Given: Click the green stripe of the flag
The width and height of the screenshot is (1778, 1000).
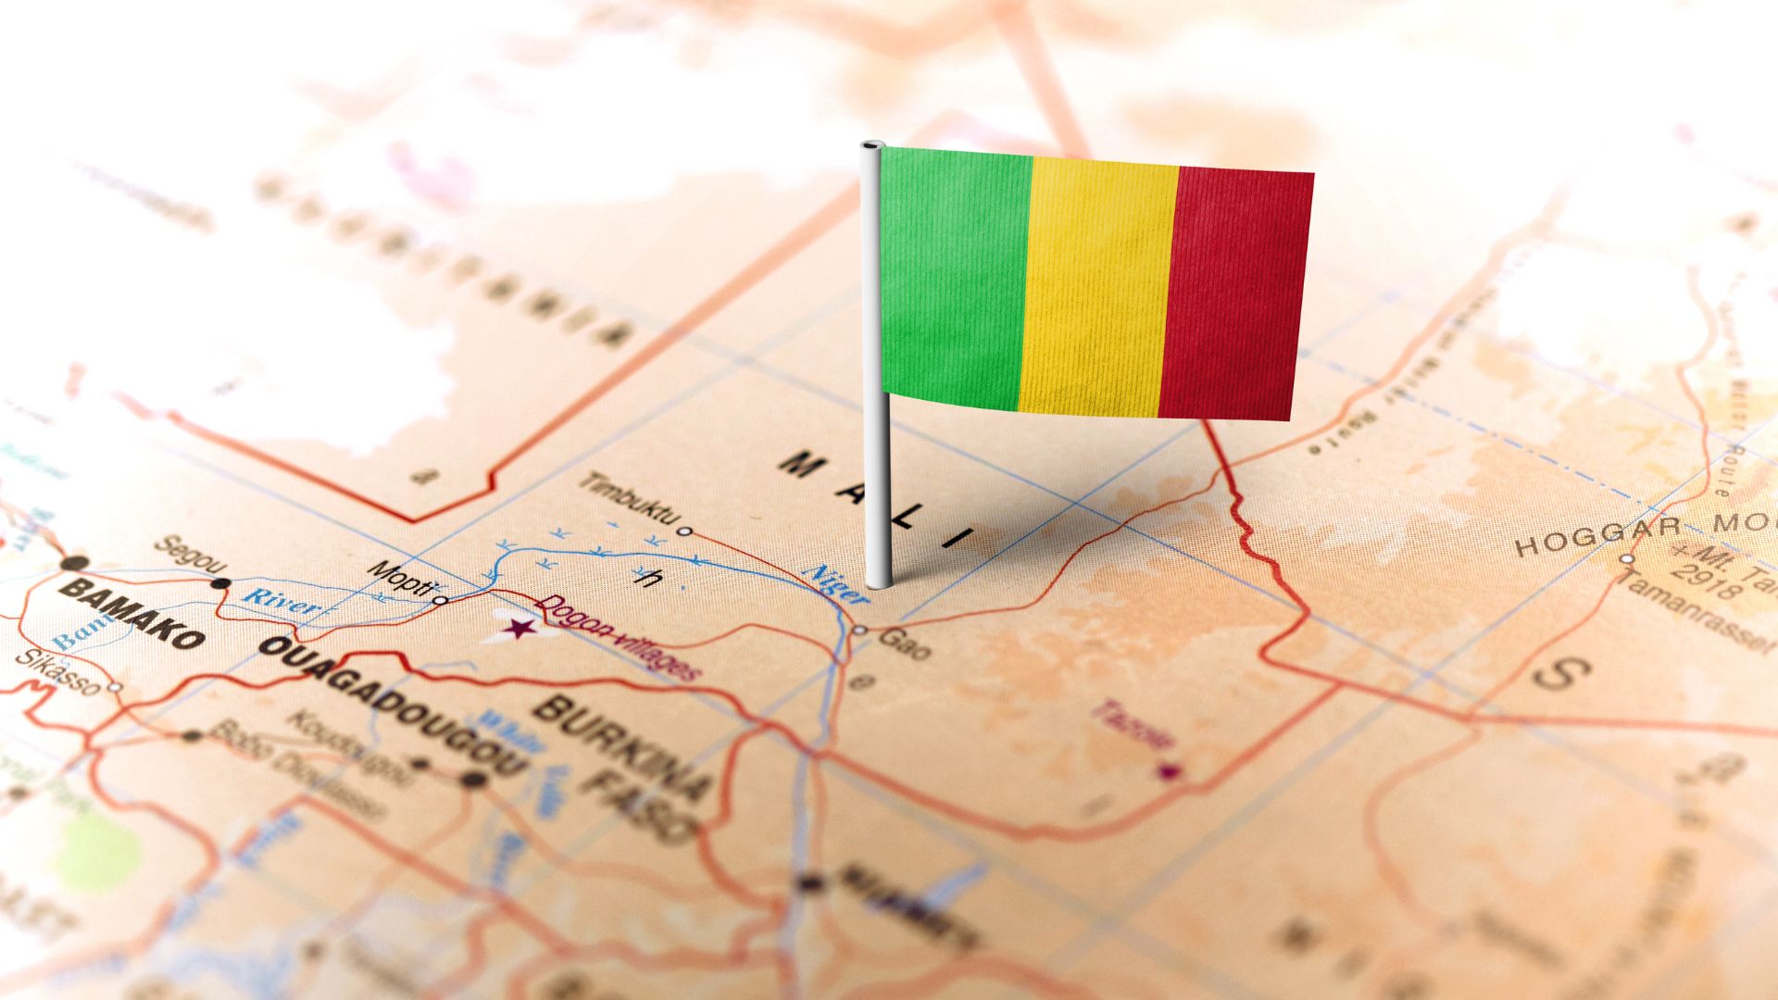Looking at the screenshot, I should (x=954, y=278).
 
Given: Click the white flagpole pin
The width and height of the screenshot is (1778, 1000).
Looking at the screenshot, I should (x=875, y=370).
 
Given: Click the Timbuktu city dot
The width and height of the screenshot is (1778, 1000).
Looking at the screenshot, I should (x=684, y=531).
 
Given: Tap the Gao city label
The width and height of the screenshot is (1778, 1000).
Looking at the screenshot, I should (x=904, y=643).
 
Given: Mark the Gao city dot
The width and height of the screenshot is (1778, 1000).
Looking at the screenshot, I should (x=859, y=630).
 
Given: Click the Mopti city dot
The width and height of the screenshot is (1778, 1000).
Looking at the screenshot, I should (x=441, y=600).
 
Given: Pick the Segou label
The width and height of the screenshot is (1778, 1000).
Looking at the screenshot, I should (x=190, y=553).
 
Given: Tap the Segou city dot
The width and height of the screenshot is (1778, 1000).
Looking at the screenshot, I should (x=220, y=583).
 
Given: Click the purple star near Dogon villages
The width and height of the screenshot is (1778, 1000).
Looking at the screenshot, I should (x=520, y=630).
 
